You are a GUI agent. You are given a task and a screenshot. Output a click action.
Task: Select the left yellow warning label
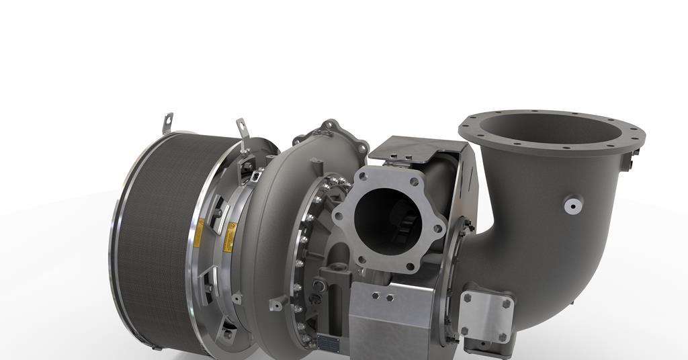tap(199, 232)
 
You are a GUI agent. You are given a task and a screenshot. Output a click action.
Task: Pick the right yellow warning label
tap(230, 236)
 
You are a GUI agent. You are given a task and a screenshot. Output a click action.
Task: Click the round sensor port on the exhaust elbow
tap(572, 204)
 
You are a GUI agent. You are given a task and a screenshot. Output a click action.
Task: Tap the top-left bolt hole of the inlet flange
tap(364, 177)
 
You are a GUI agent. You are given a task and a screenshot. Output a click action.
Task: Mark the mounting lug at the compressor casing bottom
tap(276, 304)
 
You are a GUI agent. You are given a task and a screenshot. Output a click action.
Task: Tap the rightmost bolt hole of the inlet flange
tap(439, 229)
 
